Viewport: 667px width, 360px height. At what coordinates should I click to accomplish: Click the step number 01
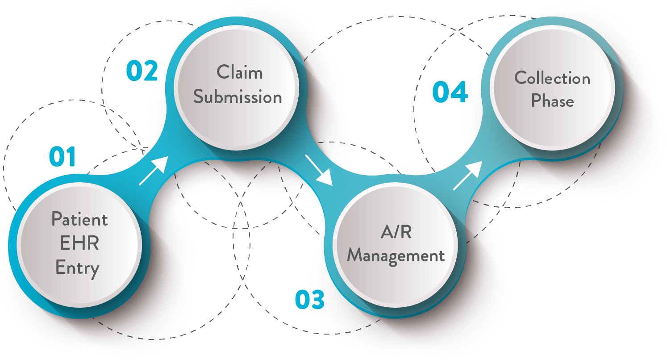(62, 157)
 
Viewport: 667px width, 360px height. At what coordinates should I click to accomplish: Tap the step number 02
(142, 71)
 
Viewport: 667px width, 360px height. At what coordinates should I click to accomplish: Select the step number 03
(309, 300)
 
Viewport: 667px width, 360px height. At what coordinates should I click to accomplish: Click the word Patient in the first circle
(79, 219)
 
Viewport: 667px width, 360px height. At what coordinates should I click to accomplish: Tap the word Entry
(77, 268)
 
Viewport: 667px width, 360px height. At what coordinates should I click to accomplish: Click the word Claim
(240, 72)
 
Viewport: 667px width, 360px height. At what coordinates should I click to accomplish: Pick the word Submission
(238, 97)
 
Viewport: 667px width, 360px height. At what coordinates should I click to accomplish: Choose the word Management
(396, 256)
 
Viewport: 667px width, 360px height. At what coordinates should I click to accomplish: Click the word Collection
(552, 78)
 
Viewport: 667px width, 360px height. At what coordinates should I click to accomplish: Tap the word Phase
(552, 101)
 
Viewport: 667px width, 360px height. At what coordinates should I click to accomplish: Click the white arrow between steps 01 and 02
(153, 171)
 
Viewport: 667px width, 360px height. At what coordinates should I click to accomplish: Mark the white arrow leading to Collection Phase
(467, 176)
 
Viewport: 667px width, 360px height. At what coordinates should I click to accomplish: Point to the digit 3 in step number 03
(317, 300)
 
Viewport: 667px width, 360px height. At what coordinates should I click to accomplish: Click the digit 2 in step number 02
(150, 71)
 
